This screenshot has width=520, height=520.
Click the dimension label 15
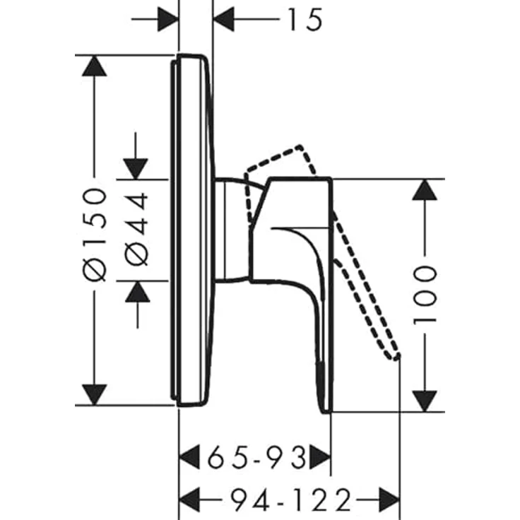coord(305,20)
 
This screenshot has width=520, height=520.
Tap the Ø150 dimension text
coord(95,235)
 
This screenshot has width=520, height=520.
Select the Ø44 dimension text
coord(136,229)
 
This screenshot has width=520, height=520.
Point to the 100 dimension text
coord(425,295)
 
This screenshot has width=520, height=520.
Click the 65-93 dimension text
coord(256,458)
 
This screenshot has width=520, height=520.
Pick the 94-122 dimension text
coord(291,500)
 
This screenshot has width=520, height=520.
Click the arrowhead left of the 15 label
coord(224,19)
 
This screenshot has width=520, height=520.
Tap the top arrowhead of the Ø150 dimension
coord(95,66)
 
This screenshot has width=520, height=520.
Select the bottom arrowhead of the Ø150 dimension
coord(95,395)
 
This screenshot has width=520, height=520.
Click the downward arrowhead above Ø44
coord(136,169)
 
